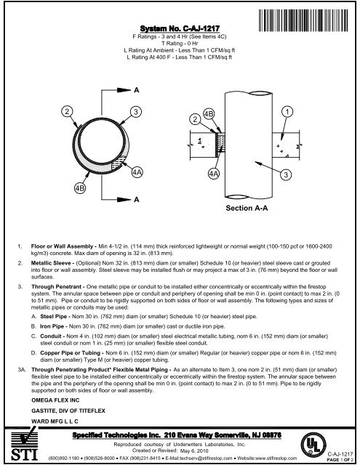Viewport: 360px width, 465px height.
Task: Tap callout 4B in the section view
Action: pos(209,113)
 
